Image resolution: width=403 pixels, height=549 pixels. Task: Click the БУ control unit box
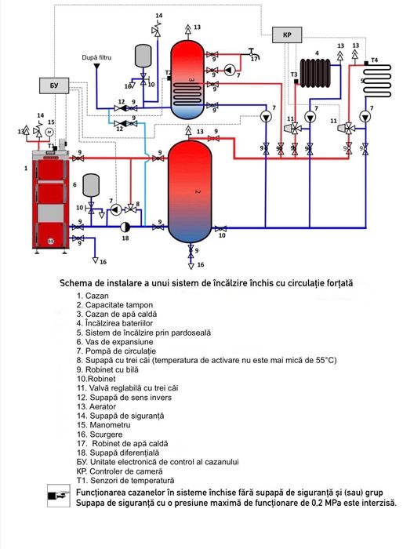(x=53, y=85)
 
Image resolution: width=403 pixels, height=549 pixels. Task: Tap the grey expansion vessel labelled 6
(x=91, y=185)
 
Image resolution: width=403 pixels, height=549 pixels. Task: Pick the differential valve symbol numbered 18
(x=125, y=226)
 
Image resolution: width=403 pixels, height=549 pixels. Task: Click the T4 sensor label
(x=374, y=60)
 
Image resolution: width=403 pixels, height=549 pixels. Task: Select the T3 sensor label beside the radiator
(x=293, y=74)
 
